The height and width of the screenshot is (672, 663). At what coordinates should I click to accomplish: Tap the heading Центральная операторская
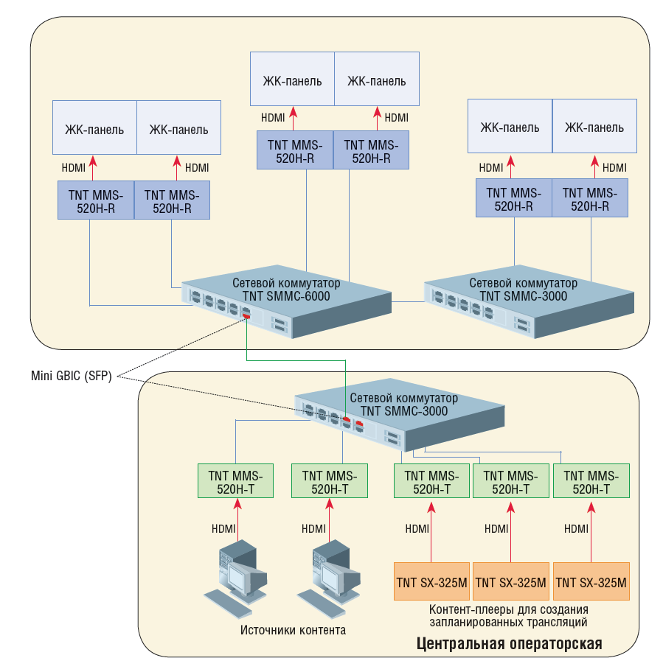509,644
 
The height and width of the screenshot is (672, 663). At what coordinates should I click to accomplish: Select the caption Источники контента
293,630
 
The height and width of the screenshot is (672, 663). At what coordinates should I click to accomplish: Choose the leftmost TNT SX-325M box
431,583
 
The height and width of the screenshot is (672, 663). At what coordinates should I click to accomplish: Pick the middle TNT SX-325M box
511,583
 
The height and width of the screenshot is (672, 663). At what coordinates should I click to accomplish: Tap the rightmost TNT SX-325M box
591,583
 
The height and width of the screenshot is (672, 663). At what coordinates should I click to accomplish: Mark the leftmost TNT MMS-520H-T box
235,481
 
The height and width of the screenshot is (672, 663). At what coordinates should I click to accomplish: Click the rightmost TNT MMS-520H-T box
591,481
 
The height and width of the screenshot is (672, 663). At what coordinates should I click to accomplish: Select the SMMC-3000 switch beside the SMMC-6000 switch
524,298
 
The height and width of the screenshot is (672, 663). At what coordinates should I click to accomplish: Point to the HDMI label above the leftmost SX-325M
417,529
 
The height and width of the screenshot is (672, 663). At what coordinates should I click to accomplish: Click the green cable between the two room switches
295,361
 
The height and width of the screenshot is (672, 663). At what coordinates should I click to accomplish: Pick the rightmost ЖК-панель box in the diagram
594,127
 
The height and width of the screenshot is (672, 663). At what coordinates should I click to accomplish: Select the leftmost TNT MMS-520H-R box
96,200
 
